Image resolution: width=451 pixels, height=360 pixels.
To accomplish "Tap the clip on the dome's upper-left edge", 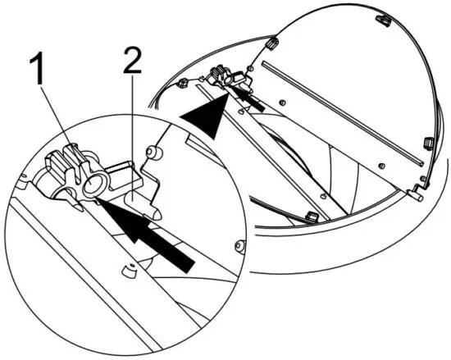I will pyautogui.click(x=269, y=41).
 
